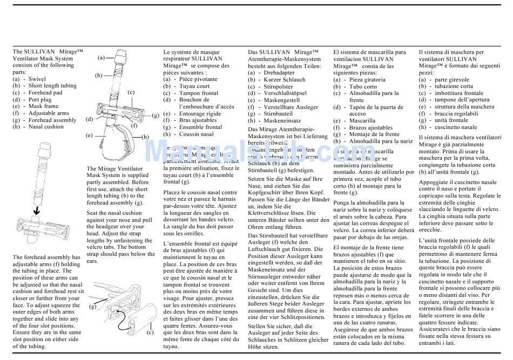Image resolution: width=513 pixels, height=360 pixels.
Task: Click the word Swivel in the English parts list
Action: coord(37,79)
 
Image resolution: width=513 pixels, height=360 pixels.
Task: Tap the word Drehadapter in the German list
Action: coord(279,72)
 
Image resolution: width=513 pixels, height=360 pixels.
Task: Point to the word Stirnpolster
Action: coord(279,86)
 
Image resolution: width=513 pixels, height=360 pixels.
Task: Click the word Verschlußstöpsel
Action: coord(286,93)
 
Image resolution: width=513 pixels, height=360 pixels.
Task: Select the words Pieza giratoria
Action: coord(367,79)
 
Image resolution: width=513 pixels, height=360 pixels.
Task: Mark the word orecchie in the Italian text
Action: coord(431,229)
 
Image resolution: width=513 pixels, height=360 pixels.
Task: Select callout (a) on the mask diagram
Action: coord(102,57)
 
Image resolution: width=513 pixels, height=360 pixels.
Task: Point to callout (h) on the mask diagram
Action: coord(145,137)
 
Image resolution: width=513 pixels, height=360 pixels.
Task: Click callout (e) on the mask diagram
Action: coord(89,135)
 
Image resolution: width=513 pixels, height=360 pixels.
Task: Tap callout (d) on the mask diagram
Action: coord(90,119)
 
